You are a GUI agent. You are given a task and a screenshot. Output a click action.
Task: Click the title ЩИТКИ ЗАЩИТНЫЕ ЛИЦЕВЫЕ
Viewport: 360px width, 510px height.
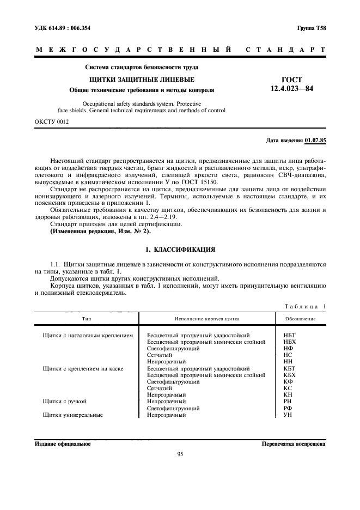pyautogui.click(x=142, y=80)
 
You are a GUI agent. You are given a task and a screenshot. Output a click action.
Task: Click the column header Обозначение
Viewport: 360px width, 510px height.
pyautogui.click(x=301, y=318)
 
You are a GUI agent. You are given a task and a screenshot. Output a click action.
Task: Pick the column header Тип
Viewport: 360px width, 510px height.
pyautogui.click(x=86, y=318)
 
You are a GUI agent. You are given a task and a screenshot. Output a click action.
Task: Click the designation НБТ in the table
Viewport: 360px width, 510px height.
pyautogui.click(x=290, y=335)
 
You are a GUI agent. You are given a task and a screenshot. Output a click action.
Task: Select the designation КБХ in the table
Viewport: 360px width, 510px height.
pyautogui.click(x=290, y=375)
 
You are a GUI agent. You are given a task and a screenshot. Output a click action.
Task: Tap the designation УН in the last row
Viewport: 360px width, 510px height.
pyautogui.click(x=288, y=415)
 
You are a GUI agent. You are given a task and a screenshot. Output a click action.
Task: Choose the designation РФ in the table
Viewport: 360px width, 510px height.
pyautogui.click(x=288, y=408)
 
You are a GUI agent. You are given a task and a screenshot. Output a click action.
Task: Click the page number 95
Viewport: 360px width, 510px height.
pyautogui.click(x=180, y=454)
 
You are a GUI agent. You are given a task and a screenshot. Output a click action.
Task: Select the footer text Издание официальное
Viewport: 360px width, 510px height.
pyautogui.click(x=63, y=444)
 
